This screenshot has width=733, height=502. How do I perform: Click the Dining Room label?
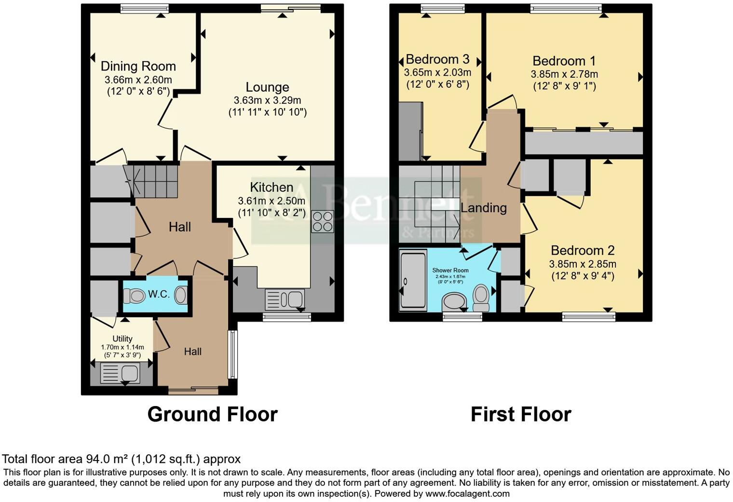pyautogui.click(x=138, y=66)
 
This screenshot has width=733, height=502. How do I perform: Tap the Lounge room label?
pyautogui.click(x=267, y=87)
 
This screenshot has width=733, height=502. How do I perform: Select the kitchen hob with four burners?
pyautogui.click(x=322, y=222)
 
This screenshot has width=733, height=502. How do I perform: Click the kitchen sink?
pyautogui.click(x=285, y=299)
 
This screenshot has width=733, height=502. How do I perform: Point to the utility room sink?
pyautogui.click(x=120, y=373)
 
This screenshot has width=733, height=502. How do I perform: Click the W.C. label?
pyautogui.click(x=159, y=294)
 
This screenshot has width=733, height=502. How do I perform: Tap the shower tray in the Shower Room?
pyautogui.click(x=413, y=280)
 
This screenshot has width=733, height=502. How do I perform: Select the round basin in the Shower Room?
pyautogui.click(x=454, y=302)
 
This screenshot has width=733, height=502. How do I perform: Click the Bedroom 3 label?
pyautogui.click(x=437, y=59)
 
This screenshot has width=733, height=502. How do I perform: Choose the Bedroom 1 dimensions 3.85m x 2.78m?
pyautogui.click(x=564, y=74)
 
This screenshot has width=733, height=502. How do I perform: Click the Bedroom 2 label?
pyautogui.click(x=583, y=251)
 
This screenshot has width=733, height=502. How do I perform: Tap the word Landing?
pyautogui.click(x=484, y=208)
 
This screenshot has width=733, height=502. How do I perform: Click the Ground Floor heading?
pyautogui.click(x=212, y=415)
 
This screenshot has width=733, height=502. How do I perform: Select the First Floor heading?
pyautogui.click(x=521, y=415)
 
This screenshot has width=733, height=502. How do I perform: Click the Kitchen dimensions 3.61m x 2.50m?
pyautogui.click(x=271, y=201)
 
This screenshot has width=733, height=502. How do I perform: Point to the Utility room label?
pyautogui.click(x=122, y=339)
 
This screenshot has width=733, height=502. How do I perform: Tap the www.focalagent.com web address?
pyautogui.click(x=467, y=494)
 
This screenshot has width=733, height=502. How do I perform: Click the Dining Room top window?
pyautogui.click(x=144, y=8)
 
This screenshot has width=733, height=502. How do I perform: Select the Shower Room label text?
pyautogui.click(x=450, y=270)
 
